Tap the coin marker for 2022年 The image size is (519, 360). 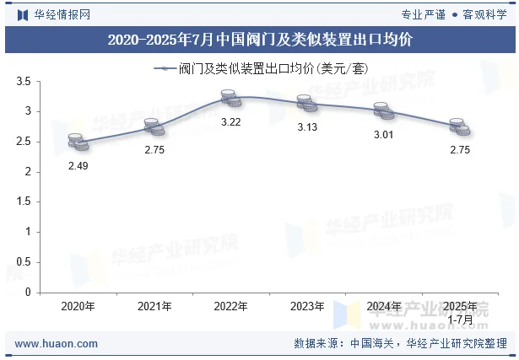pos(230,99)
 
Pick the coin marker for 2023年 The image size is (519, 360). pos(306,104)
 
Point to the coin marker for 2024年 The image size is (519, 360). pos(383,110)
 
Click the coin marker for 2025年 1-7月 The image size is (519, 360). pos(459,126)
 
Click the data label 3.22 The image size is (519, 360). pos(230,122)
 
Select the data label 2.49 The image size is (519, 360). pos(78,166)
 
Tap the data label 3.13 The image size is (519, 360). pos(306,127)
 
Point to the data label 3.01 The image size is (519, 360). pos(383,134)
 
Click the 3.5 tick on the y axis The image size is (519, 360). pos(24,82)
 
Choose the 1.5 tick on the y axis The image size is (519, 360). pos(24,201)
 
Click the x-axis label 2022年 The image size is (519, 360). pos(230,306)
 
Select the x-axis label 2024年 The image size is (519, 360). pos(383,306)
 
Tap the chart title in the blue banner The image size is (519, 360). pos(260,40)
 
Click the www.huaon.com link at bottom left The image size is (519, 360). pos(57,344)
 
